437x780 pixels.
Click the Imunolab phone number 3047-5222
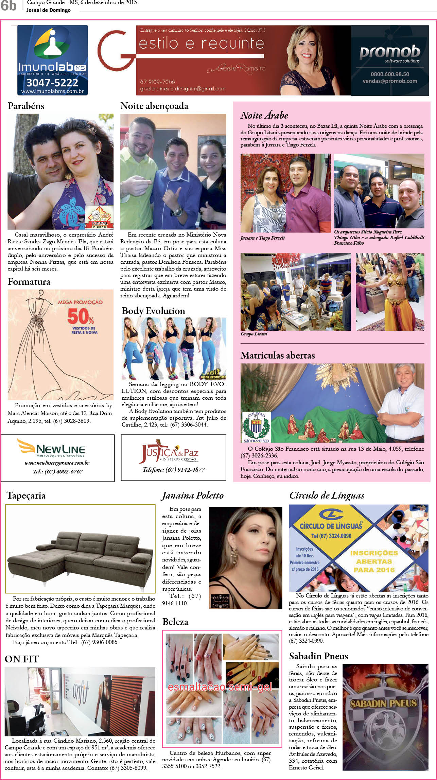[x=52, y=83]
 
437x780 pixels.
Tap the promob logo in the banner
[x=390, y=52]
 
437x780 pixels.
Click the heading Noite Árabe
[x=264, y=116]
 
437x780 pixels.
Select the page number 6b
[x=8, y=6]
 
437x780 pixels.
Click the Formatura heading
[x=29, y=282]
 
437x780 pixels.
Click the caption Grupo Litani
[x=254, y=334]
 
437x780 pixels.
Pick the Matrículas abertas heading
[x=278, y=356]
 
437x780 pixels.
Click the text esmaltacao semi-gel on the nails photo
[x=220, y=687]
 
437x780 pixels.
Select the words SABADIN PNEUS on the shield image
[x=383, y=703]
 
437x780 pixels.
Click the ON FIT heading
[x=22, y=659]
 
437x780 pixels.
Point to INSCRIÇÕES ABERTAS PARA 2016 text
[x=374, y=561]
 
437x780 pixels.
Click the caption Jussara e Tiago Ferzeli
[x=262, y=238]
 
